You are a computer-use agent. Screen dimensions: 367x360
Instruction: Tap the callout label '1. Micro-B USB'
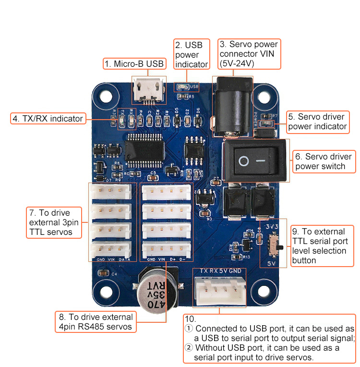coord(134,63)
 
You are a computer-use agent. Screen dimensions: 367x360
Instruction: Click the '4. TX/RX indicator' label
coord(48,119)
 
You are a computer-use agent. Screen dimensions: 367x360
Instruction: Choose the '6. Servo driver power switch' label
coord(324,161)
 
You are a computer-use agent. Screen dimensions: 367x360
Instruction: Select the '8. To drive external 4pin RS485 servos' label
coord(95,322)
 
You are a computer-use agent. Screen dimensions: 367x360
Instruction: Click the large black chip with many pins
coord(145,150)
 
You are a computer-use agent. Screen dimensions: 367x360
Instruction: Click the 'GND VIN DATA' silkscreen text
coord(113,259)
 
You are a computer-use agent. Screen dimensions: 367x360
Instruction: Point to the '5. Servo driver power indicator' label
coord(317,122)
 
